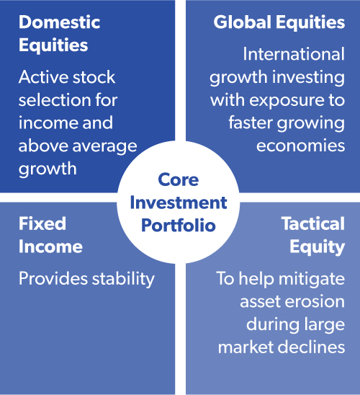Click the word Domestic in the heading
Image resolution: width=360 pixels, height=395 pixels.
click(x=59, y=22)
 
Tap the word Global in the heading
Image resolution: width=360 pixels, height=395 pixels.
click(x=243, y=22)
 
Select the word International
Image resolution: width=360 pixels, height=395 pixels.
click(x=294, y=54)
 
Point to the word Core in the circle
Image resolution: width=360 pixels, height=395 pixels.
click(x=179, y=179)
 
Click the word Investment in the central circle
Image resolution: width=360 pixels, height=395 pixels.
click(x=179, y=203)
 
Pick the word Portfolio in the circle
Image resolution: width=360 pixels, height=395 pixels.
click(x=179, y=225)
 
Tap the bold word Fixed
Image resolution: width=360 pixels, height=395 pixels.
click(x=42, y=223)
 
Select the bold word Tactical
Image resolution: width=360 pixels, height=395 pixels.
click(x=313, y=223)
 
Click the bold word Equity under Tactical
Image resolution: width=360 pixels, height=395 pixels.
click(x=317, y=247)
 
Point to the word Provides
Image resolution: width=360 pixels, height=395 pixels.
click(x=53, y=279)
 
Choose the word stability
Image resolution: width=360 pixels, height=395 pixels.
click(x=123, y=280)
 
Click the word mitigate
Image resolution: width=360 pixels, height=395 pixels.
click(x=312, y=279)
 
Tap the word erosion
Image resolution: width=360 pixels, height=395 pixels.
click(x=315, y=302)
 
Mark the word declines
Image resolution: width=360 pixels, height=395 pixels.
click(x=311, y=347)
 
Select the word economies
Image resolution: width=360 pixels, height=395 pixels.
click(x=301, y=146)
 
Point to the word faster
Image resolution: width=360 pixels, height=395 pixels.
click(x=251, y=123)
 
